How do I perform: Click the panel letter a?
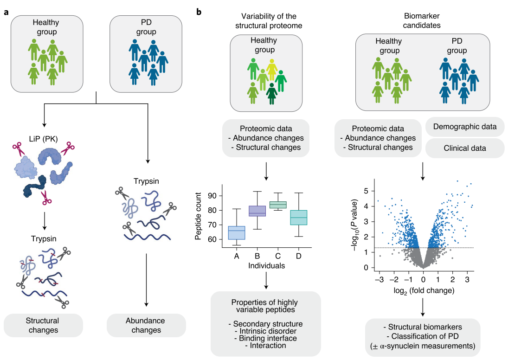[6, 12]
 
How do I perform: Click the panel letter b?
[199, 12]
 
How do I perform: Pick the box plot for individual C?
[278, 205]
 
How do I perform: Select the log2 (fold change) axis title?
[423, 291]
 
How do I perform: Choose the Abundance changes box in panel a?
[147, 325]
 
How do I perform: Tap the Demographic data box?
[464, 127]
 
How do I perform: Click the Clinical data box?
[464, 148]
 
